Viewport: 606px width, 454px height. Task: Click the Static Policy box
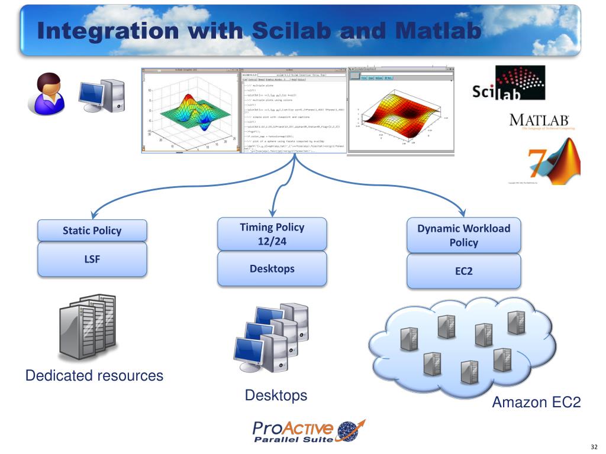point(92,231)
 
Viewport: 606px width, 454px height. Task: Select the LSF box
point(92,258)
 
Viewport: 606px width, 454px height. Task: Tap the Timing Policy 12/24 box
point(272,234)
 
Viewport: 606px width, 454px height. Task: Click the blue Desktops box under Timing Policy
point(272,268)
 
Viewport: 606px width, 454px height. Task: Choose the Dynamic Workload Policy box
point(463,235)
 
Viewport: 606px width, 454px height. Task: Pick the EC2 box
point(463,271)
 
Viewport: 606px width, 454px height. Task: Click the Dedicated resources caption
point(94,375)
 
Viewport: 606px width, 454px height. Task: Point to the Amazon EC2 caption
point(536,403)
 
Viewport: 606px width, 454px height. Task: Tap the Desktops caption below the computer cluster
point(276,395)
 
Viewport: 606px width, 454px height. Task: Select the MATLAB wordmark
point(539,121)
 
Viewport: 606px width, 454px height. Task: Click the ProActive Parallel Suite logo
point(308,432)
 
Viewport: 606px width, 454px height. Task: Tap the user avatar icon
point(45,93)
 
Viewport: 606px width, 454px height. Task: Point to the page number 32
point(594,446)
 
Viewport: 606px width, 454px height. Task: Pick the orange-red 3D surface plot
point(402,116)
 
